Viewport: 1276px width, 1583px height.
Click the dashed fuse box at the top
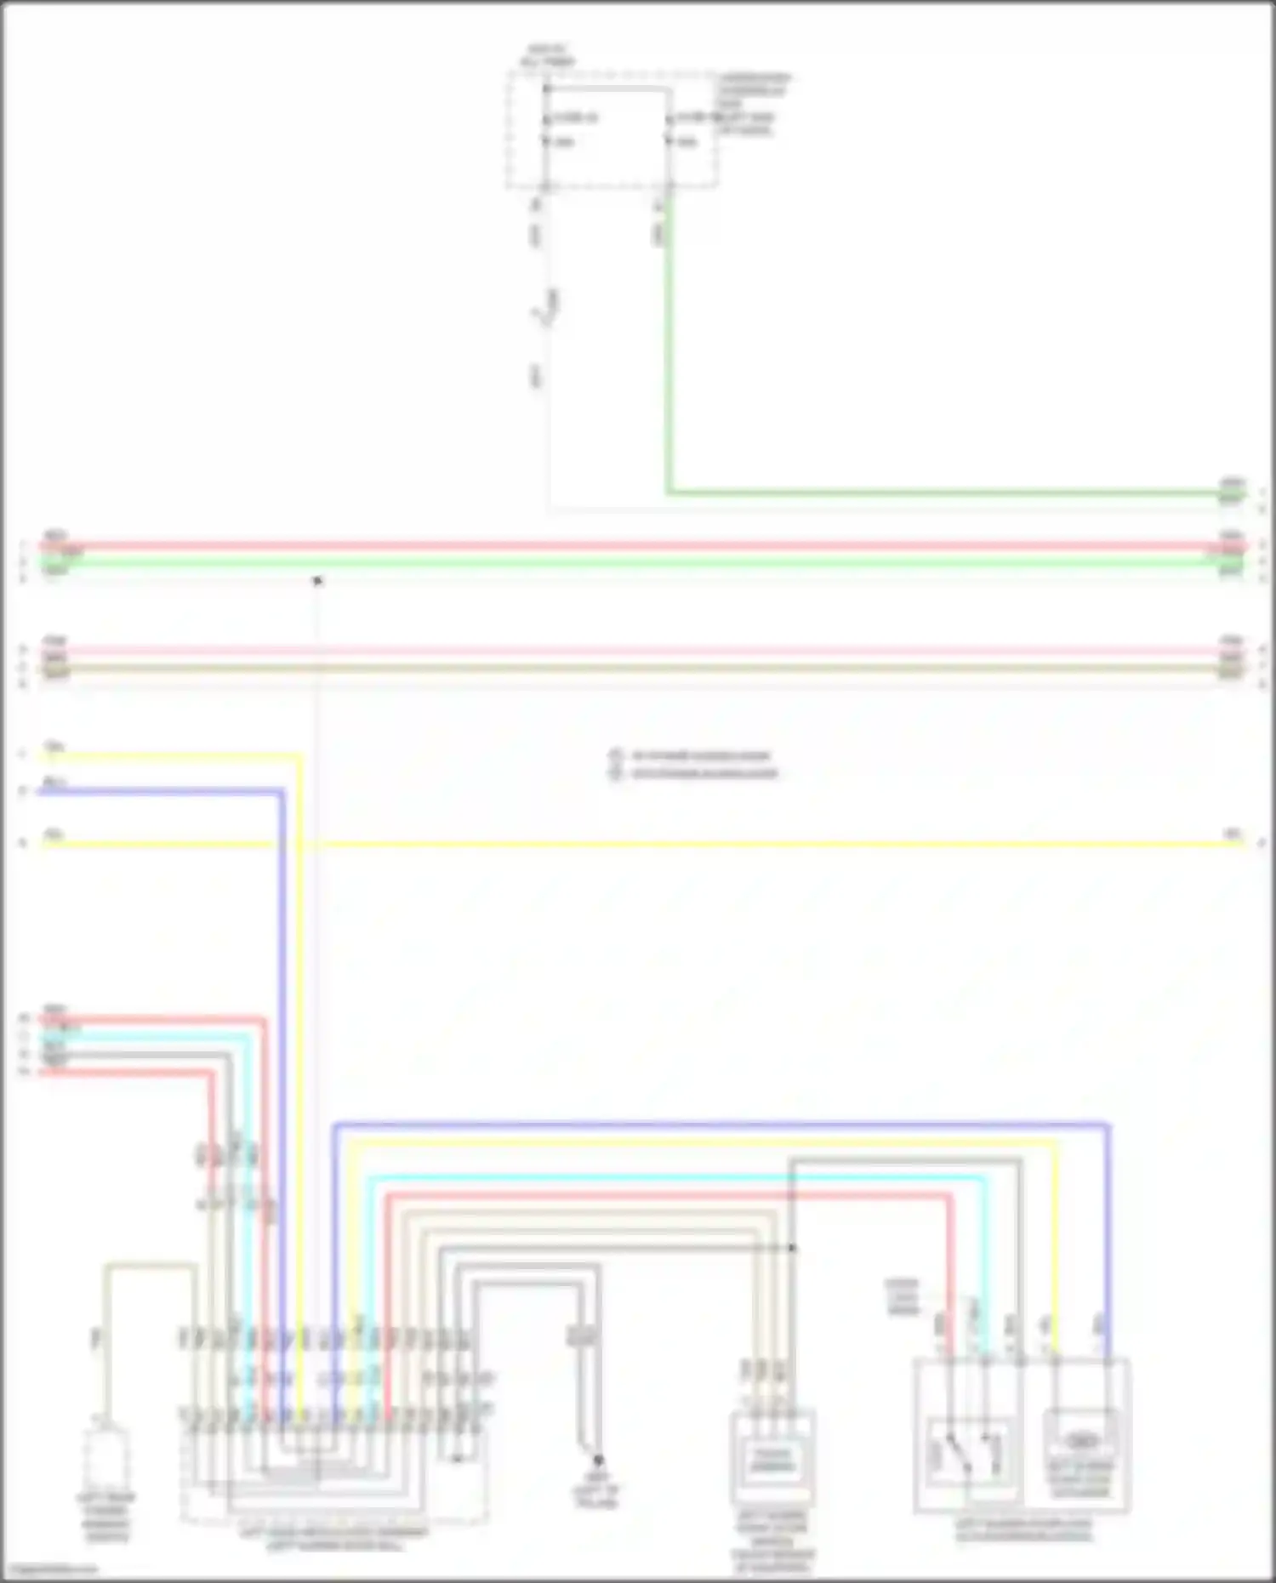point(611,129)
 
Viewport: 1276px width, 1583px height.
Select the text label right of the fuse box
point(752,104)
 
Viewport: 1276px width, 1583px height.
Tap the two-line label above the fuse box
point(547,56)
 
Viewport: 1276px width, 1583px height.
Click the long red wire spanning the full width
point(638,546)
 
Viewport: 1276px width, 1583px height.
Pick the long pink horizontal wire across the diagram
point(638,652)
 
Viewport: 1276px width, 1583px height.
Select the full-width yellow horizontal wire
point(638,844)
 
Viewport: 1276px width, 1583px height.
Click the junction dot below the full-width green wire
point(317,581)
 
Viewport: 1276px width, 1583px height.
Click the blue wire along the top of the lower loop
point(723,1125)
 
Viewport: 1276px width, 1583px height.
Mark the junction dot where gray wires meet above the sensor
point(791,1248)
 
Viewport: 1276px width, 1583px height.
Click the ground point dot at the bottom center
point(598,1460)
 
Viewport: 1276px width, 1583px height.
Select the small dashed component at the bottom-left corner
point(105,1460)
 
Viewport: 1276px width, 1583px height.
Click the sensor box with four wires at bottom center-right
point(772,1458)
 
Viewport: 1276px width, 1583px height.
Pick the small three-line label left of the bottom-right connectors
point(902,1296)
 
